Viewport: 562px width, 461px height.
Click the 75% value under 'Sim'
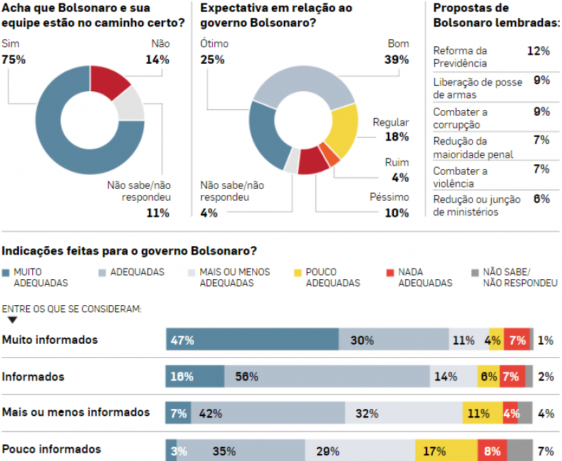[14, 60]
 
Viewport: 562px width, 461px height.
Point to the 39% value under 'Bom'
[398, 60]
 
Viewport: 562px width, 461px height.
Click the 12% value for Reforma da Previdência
[538, 51]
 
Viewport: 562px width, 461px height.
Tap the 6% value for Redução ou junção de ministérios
[541, 199]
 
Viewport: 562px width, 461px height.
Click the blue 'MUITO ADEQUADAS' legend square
[7, 273]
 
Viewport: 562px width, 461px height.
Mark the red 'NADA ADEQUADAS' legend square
[391, 273]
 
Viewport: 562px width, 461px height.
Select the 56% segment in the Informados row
[327, 377]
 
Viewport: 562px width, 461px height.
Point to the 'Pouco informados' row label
[52, 449]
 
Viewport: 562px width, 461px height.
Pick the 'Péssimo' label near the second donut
[389, 197]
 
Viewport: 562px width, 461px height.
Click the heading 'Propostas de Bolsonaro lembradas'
[496, 15]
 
